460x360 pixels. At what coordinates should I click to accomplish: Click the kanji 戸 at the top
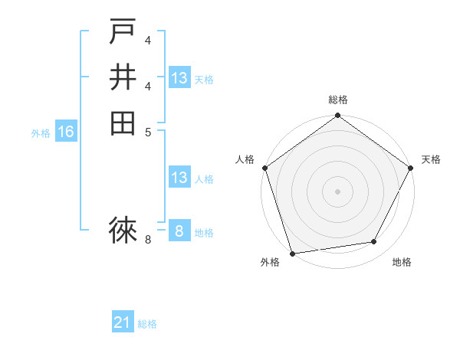pyautogui.click(x=123, y=32)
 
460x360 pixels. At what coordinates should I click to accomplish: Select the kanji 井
pyautogui.click(x=123, y=77)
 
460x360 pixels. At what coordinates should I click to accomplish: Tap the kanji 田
pyautogui.click(x=123, y=123)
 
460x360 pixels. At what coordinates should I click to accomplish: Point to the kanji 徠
pyautogui.click(x=123, y=228)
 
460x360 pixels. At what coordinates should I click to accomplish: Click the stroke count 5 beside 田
pyautogui.click(x=148, y=131)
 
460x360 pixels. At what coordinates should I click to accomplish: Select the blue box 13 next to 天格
pyautogui.click(x=179, y=78)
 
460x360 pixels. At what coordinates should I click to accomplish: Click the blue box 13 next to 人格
pyautogui.click(x=179, y=178)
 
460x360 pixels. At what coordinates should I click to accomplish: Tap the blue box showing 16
pyautogui.click(x=66, y=133)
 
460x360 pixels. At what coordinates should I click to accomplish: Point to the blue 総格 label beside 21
pyautogui.click(x=148, y=324)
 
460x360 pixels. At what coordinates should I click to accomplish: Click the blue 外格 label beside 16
pyautogui.click(x=41, y=133)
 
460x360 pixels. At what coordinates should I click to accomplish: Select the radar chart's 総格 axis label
pyautogui.click(x=337, y=100)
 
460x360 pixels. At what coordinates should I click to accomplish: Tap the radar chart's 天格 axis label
pyautogui.click(x=431, y=159)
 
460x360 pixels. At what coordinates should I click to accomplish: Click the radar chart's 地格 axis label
pyautogui.click(x=402, y=262)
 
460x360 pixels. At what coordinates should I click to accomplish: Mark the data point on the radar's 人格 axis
pyautogui.click(x=264, y=168)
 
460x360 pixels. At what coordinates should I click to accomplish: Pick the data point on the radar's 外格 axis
pyautogui.click(x=293, y=253)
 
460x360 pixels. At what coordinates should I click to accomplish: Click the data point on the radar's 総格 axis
pyautogui.click(x=337, y=116)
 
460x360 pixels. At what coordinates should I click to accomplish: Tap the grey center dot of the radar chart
pyautogui.click(x=337, y=191)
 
